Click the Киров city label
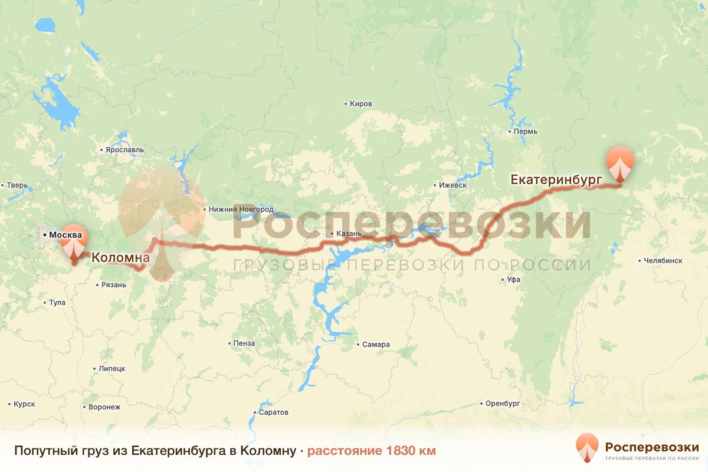tap(360, 104)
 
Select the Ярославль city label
tap(124, 150)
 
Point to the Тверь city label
tap(17, 185)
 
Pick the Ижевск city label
tap(453, 185)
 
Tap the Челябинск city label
tap(663, 260)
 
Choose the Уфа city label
tap(512, 280)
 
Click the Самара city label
tap(376, 345)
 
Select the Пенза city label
tap(244, 343)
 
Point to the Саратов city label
tap(273, 412)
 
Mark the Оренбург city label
tap(501, 404)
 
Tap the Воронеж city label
tap(104, 407)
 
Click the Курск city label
tap(24, 404)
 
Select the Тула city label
tap(57, 303)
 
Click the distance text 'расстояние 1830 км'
tap(371, 451)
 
